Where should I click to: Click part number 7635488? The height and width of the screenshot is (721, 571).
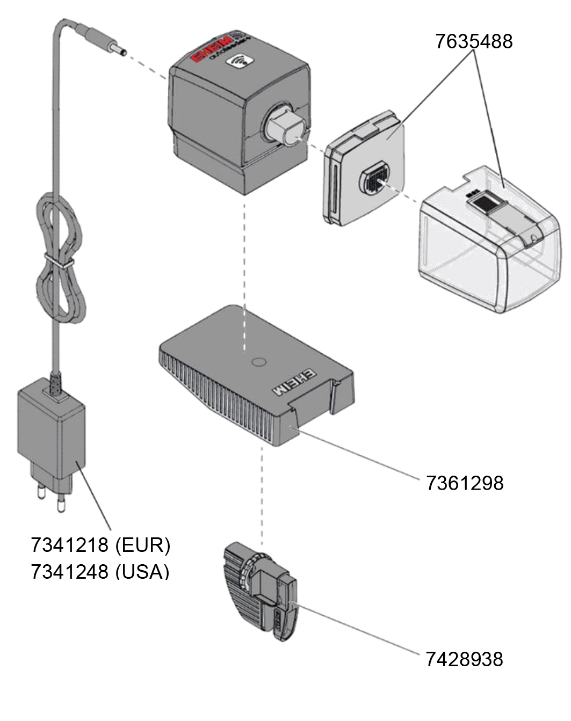pyautogui.click(x=474, y=41)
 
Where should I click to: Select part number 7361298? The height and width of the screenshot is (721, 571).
pyautogui.click(x=465, y=482)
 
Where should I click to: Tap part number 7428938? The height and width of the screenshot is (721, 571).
pyautogui.click(x=465, y=658)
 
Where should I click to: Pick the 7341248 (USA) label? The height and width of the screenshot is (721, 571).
pyautogui.click(x=100, y=571)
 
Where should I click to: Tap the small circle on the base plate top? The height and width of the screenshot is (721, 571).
pyautogui.click(x=258, y=362)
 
